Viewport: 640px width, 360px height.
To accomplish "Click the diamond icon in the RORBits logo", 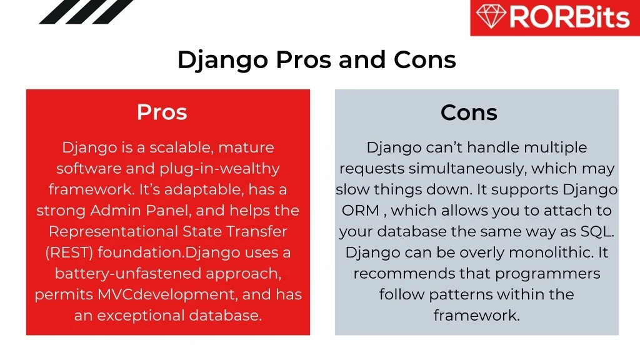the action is coord(491,16).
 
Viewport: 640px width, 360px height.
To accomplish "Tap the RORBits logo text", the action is coord(569,17).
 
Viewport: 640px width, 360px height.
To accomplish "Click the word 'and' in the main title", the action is coord(362,59).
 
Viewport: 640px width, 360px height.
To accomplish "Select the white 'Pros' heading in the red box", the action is coord(162,112).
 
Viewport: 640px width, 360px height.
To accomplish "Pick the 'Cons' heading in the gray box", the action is coord(469,112).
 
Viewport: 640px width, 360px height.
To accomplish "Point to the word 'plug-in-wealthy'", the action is coord(219,169).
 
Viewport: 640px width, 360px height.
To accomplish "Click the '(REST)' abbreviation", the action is coord(69,252).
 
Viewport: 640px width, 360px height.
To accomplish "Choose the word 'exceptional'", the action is coord(141,316).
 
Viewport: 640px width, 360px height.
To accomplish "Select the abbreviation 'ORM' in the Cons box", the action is coord(361,211).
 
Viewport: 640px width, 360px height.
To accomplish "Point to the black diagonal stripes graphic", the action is coord(86,12).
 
